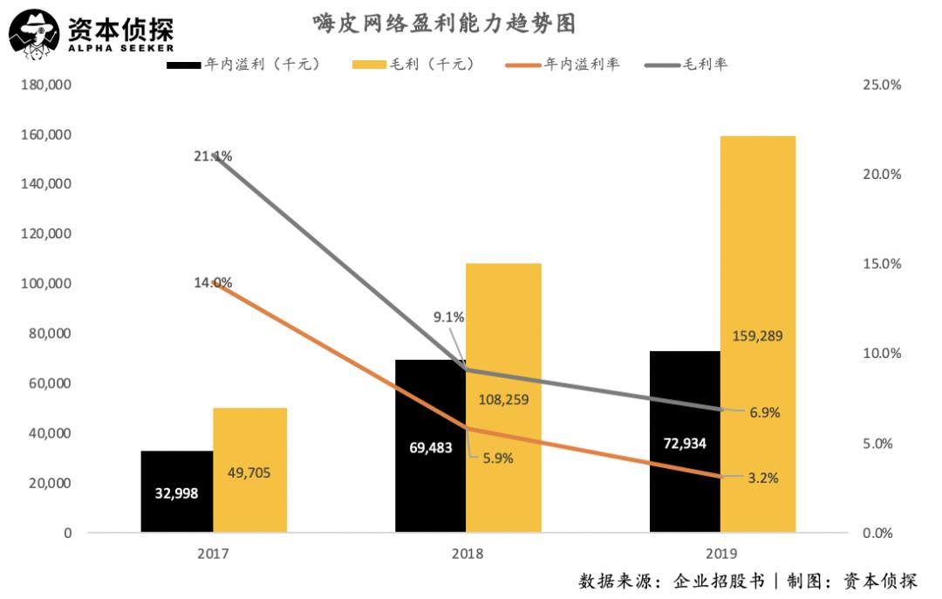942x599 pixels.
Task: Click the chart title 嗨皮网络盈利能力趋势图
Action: (445, 23)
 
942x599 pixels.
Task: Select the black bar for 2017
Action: (177, 491)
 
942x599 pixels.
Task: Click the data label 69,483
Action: (431, 448)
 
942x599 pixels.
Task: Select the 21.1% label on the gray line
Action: (213, 156)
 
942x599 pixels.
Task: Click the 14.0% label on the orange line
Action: (213, 282)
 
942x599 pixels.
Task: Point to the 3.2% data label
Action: (762, 478)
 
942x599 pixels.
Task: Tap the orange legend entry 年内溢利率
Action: (563, 65)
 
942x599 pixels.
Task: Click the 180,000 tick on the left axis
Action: (44, 86)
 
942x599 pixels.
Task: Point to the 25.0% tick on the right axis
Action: (880, 86)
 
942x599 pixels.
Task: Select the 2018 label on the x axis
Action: (468, 554)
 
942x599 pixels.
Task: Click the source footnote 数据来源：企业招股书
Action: (672, 581)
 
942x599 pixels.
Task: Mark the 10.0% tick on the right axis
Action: (880, 354)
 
